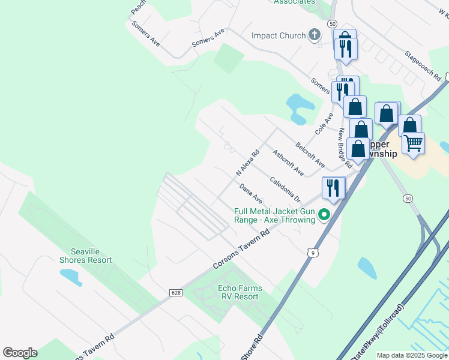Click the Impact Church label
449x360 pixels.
click(x=279, y=35)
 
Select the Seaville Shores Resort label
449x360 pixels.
click(x=85, y=256)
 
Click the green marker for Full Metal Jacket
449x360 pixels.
click(x=324, y=214)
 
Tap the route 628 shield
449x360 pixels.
click(x=175, y=293)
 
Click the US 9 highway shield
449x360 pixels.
click(x=312, y=253)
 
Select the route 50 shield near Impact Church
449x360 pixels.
click(x=332, y=23)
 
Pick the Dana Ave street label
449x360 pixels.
click(x=251, y=193)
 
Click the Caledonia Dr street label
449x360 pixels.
click(x=285, y=188)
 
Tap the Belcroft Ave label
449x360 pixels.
click(x=310, y=155)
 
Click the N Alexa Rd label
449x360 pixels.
click(x=247, y=162)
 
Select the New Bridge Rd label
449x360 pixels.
click(x=345, y=148)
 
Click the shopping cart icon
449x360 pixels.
click(x=413, y=143)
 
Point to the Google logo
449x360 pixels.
click(x=20, y=353)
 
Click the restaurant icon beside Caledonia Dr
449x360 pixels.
click(x=333, y=187)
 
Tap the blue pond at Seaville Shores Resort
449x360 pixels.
click(x=71, y=277)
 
